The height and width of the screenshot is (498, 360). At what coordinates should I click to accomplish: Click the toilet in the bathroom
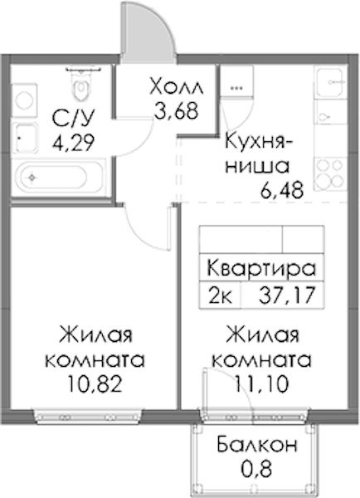81,85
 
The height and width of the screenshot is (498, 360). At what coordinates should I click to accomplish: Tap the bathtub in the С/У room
58,177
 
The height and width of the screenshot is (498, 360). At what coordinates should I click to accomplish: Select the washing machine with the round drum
25,100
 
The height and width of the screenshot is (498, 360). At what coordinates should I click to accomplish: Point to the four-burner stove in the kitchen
330,174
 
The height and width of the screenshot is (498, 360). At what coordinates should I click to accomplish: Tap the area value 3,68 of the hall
176,110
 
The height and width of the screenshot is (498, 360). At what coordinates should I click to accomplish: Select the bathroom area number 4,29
73,143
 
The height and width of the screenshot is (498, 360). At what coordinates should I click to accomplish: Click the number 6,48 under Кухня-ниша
282,189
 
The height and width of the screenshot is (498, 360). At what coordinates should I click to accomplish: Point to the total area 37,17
287,295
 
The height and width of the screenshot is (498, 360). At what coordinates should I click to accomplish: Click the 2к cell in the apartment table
220,295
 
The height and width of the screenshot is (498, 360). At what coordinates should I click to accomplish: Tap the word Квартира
261,269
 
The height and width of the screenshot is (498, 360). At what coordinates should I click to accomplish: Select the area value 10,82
95,384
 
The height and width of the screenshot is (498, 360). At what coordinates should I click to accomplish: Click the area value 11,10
261,384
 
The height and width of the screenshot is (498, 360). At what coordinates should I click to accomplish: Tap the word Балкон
257,444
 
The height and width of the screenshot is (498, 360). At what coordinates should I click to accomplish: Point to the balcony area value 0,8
256,468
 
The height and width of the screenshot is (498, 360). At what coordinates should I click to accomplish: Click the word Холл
176,86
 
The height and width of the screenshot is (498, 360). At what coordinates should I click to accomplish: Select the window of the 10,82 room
88,417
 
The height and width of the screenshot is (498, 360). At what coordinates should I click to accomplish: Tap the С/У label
73,119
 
